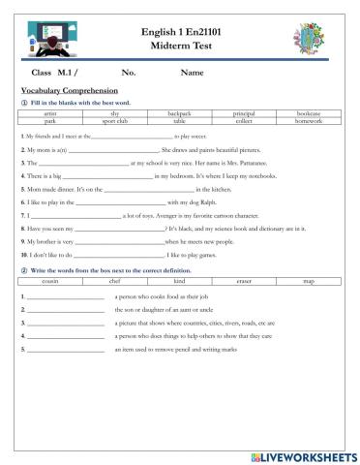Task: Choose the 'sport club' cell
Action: click(x=115, y=121)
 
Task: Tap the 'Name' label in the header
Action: click(x=193, y=73)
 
